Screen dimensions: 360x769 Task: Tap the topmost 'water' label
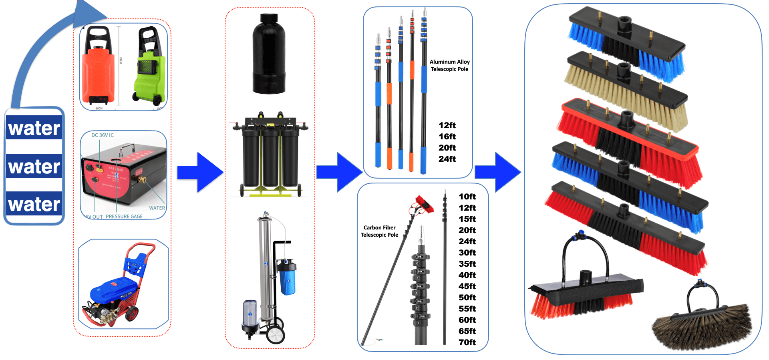pyautogui.click(x=34, y=128)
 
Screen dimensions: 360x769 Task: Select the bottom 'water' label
pyautogui.click(x=34, y=204)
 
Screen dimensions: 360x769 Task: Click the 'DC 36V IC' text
pyautogui.click(x=103, y=135)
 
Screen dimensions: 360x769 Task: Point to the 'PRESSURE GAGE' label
pyautogui.click(x=124, y=216)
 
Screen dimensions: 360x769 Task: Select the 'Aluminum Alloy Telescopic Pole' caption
pyautogui.click(x=449, y=65)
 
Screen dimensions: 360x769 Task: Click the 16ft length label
pyautogui.click(x=447, y=137)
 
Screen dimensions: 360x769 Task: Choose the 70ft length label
pyautogui.click(x=467, y=342)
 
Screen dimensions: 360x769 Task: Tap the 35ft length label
pyautogui.click(x=467, y=264)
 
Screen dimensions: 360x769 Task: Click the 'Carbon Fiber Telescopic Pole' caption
pyautogui.click(x=379, y=231)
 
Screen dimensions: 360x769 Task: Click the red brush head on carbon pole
pyautogui.click(x=424, y=204)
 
